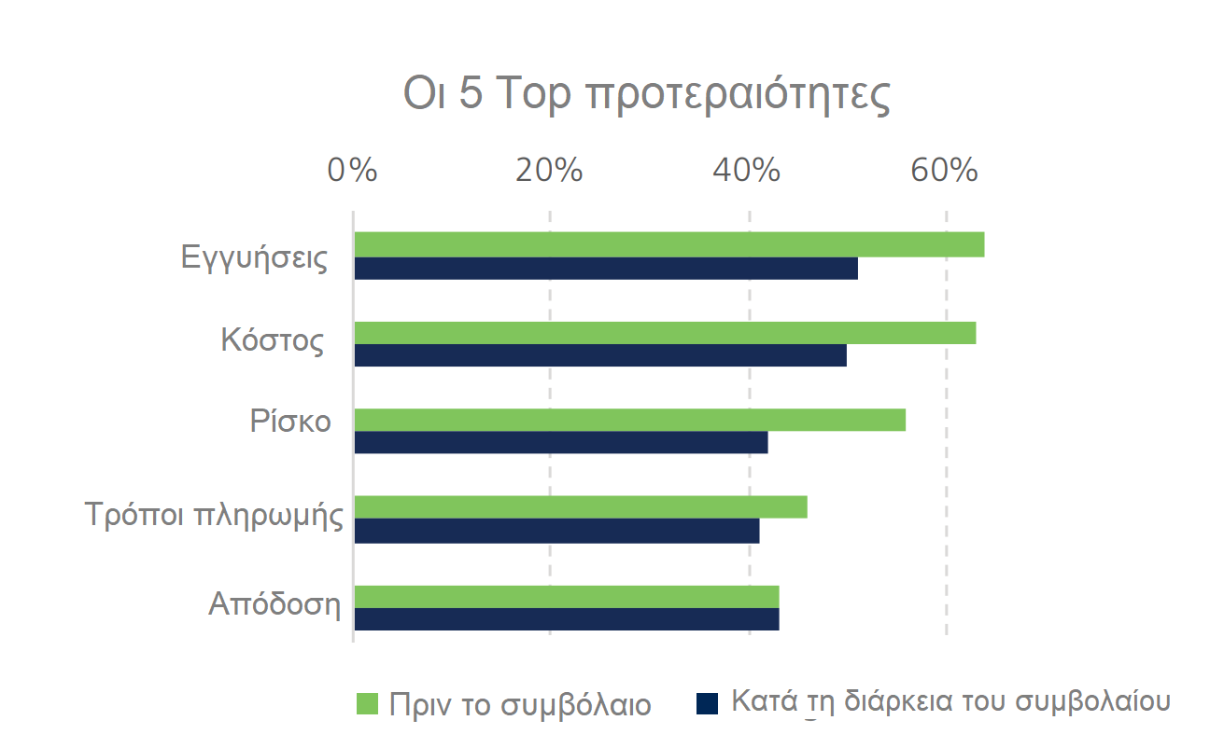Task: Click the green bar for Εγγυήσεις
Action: tap(668, 244)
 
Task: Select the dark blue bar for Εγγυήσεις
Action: tap(605, 269)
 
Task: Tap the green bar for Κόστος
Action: tap(665, 333)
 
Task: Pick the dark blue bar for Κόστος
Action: tap(599, 355)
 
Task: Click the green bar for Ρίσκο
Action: tap(629, 420)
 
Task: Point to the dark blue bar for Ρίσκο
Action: tap(560, 442)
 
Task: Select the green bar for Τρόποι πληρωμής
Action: tap(580, 506)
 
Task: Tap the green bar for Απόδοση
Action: tap(566, 597)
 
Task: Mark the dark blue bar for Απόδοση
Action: tap(566, 619)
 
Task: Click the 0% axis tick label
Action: tap(352, 172)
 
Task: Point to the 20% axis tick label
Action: tap(549, 172)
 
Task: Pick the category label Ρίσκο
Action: tap(290, 422)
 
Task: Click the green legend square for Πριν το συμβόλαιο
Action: tap(367, 703)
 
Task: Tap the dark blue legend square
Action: tap(707, 703)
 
